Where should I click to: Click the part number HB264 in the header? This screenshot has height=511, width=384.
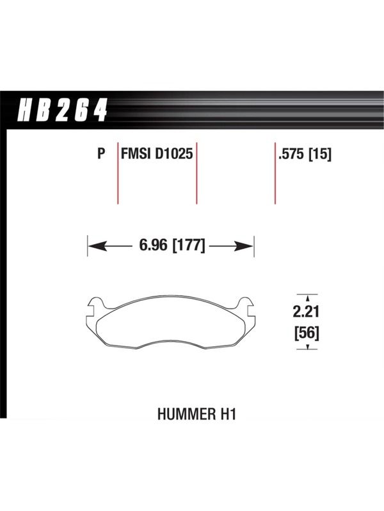(x=62, y=110)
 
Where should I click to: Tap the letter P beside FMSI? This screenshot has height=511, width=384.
(x=102, y=153)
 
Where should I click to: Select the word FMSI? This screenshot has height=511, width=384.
(x=136, y=153)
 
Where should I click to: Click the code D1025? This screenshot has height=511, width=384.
(x=174, y=153)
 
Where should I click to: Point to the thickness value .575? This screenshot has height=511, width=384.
(x=291, y=153)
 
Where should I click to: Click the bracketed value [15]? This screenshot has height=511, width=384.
(x=320, y=154)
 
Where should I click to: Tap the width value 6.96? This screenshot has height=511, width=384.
(x=153, y=245)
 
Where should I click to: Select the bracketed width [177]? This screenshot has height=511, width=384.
(x=188, y=245)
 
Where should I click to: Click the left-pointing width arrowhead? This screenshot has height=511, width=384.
(x=97, y=247)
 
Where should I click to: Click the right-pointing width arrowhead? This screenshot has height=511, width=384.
(x=244, y=247)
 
